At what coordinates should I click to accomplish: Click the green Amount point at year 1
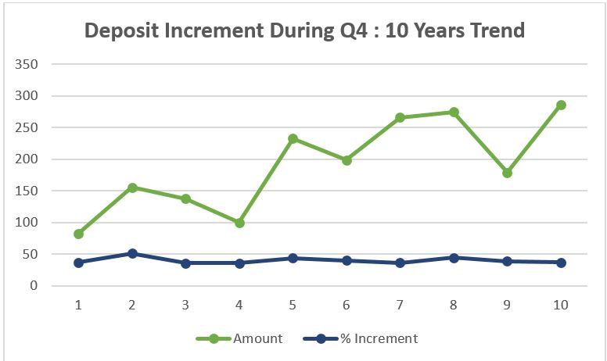click(x=79, y=234)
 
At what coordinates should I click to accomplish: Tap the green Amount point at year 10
click(x=561, y=105)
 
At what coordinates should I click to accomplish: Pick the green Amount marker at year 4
click(x=239, y=223)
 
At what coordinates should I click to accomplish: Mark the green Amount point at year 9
click(x=507, y=173)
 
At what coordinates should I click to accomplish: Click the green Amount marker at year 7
click(x=400, y=118)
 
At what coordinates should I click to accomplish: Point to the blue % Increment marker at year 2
click(x=132, y=253)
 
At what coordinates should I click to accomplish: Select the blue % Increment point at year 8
click(x=454, y=257)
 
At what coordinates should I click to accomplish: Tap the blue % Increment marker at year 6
click(x=347, y=260)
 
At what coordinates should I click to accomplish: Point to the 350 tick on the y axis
click(x=27, y=64)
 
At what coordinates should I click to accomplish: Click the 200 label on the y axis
click(x=27, y=159)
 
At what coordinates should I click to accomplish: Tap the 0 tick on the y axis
click(x=34, y=286)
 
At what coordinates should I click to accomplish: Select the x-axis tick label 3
click(x=186, y=304)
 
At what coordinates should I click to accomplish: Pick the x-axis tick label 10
click(x=561, y=304)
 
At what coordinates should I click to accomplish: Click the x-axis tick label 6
click(x=347, y=304)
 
